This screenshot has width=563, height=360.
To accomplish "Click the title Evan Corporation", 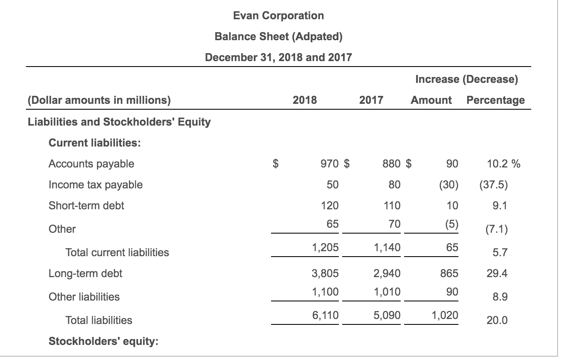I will (278, 16).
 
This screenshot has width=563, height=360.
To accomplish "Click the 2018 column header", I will (305, 100).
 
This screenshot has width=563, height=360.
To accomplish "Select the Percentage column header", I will (495, 100).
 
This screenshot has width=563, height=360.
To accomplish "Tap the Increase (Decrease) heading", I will (466, 80).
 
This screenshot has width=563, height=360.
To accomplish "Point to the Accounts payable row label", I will (91, 164).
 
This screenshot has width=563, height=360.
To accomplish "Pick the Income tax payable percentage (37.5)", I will (493, 185).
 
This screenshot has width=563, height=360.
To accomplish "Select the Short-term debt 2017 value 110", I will (392, 206).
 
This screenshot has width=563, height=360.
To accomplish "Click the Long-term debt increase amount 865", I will (449, 273).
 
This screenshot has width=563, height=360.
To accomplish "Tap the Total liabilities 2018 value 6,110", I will (325, 315).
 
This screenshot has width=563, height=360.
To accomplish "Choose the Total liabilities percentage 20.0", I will (497, 321).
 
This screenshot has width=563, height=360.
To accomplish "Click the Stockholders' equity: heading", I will (103, 341).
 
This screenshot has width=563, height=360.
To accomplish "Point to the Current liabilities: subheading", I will (95, 143).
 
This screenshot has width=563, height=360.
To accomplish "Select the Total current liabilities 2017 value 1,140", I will (387, 247).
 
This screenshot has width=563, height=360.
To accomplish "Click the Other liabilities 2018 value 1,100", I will (325, 291).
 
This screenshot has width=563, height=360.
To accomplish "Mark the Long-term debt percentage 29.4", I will (497, 273).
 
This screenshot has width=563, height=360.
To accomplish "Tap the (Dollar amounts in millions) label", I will (99, 100).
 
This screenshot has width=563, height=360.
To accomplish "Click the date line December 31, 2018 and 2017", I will (278, 57).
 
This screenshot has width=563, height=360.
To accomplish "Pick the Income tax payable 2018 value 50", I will (333, 185).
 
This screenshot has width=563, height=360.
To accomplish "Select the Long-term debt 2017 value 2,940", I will (386, 273).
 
